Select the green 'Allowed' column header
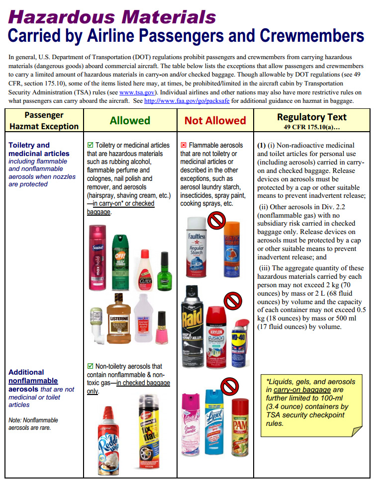(x=130, y=120)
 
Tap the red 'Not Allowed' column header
(x=215, y=120)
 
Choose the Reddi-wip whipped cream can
(x=108, y=437)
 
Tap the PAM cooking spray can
(x=240, y=427)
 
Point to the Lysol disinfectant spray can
(x=217, y=424)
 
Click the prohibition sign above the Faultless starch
(x=216, y=220)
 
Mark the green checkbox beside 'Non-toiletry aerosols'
(x=90, y=366)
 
